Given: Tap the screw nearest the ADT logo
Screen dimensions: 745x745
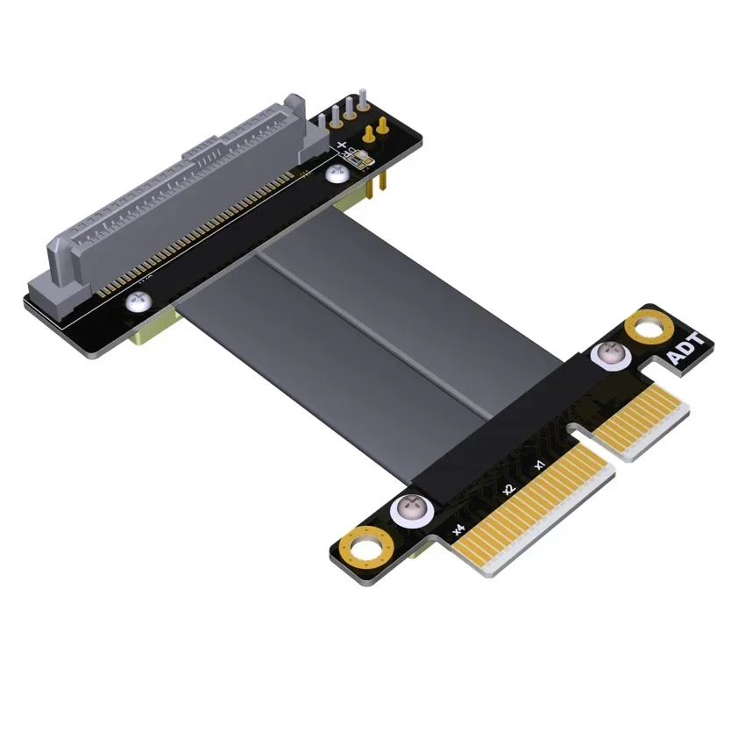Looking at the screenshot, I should pyautogui.click(x=607, y=355).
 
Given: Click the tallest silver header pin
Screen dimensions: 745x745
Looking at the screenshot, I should pyautogui.click(x=359, y=103).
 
